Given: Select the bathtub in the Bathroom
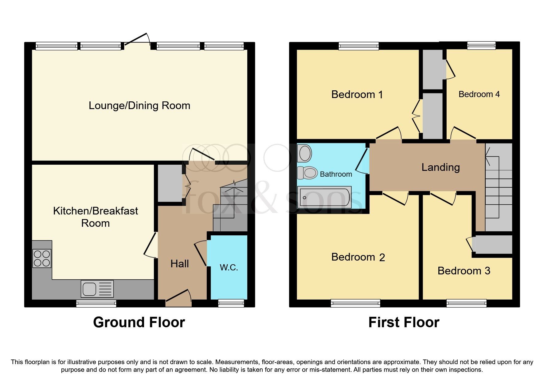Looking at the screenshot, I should [x=325, y=198].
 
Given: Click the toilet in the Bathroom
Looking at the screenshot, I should [x=307, y=173].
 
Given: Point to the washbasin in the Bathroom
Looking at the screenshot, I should [x=305, y=153].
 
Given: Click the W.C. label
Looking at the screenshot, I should [x=229, y=267].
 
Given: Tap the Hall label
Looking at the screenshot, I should [x=179, y=264].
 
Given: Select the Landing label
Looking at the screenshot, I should [x=440, y=167].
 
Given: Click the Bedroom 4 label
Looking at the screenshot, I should [x=479, y=94].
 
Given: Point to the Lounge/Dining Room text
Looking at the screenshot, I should [x=139, y=105].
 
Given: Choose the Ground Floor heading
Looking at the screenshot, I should [x=139, y=322].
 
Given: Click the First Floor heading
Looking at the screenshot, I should [x=404, y=322].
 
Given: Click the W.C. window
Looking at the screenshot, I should [x=231, y=304].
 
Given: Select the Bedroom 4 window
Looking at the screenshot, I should [x=481, y=46].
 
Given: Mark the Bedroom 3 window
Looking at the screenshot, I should [x=466, y=304].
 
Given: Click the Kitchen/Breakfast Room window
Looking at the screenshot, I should [x=96, y=304].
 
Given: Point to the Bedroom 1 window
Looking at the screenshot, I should [x=358, y=46].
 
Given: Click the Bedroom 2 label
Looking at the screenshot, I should [x=358, y=257].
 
